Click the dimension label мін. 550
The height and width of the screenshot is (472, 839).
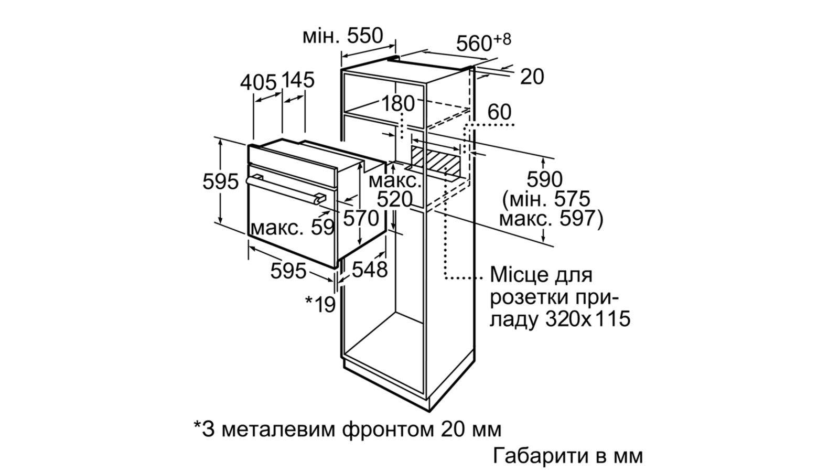click(343, 36)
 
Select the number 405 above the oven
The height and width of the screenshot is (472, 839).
click(258, 82)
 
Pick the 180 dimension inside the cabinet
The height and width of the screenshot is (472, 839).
click(398, 103)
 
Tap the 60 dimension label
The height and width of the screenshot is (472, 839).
click(499, 112)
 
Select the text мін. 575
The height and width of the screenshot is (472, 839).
click(550, 199)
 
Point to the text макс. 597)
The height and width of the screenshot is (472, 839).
click(551, 219)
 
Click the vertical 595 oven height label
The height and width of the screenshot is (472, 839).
click(220, 181)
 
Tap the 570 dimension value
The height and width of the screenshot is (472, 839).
click(361, 218)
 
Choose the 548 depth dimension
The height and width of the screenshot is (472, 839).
click(370, 269)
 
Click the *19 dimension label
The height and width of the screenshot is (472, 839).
click(320, 304)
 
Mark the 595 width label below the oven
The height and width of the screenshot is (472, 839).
click(288, 271)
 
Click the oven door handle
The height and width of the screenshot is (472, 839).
click(285, 190)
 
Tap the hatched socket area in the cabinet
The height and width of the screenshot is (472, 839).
click(436, 160)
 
